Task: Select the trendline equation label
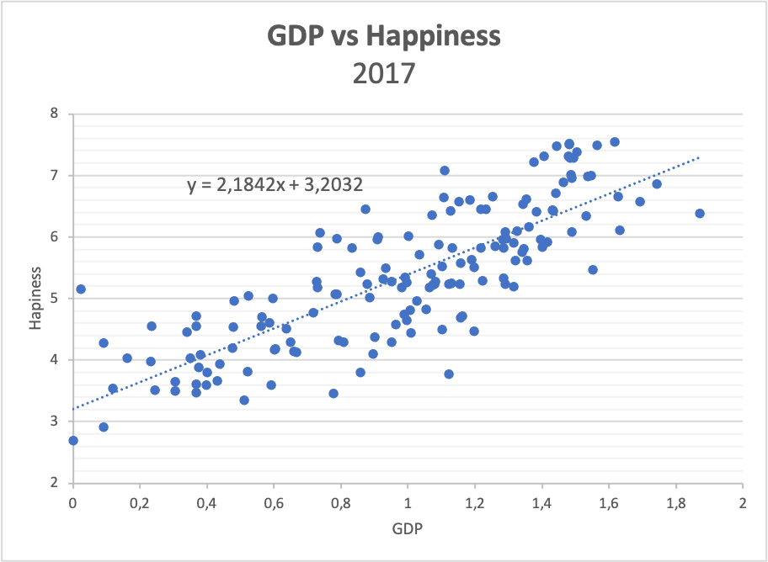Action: (275, 185)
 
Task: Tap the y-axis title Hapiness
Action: (35, 298)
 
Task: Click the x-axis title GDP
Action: (408, 532)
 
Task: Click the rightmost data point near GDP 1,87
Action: (699, 213)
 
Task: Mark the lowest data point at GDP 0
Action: (73, 440)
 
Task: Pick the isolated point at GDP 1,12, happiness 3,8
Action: (449, 374)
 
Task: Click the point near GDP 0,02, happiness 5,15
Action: (81, 289)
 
